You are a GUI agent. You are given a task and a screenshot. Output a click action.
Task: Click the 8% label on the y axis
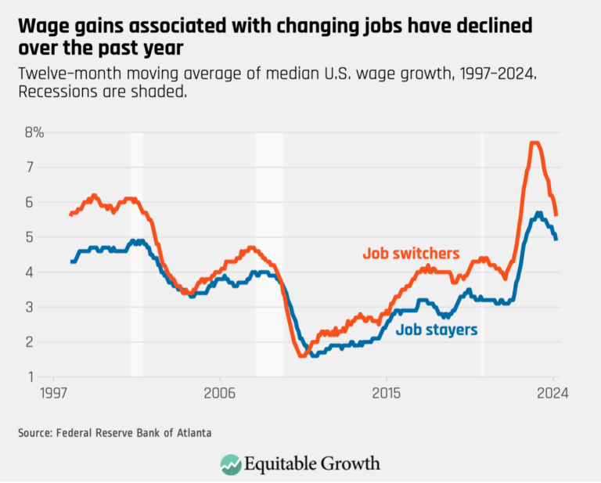34,132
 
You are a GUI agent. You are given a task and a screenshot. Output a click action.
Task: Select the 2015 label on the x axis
386,393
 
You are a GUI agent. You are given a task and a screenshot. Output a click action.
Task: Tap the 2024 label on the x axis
552,393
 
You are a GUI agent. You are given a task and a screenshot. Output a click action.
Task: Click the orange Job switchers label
411,254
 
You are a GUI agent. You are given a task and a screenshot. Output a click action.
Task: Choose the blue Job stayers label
436,330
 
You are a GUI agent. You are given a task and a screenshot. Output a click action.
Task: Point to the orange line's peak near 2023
534,142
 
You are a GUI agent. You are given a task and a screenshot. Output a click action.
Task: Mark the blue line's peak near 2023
538,213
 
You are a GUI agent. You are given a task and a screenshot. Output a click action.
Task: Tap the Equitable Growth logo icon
230,463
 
